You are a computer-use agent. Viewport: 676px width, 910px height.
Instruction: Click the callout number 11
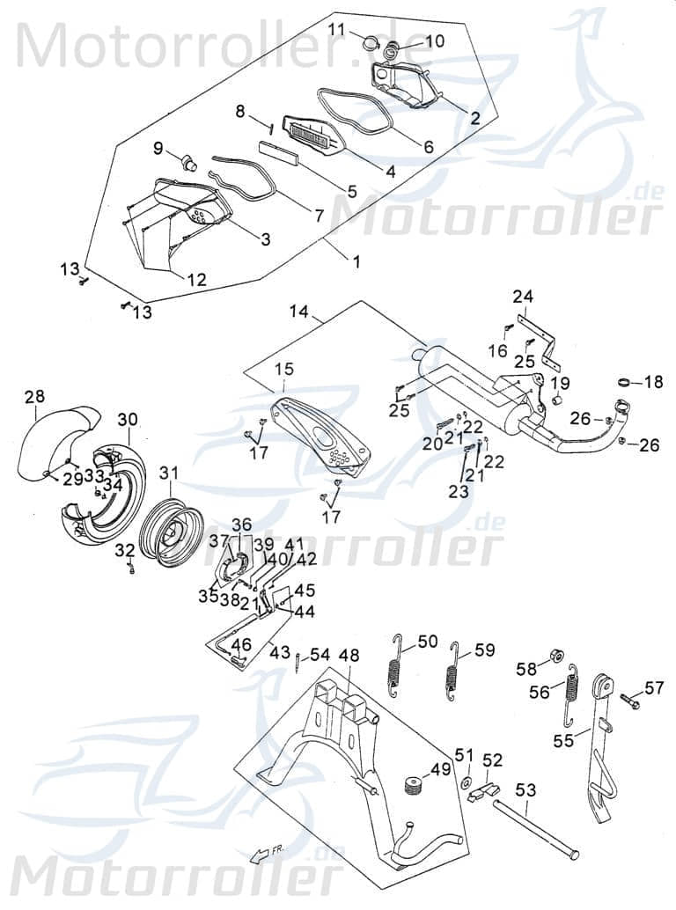click(x=337, y=30)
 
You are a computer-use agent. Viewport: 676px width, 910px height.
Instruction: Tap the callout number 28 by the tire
click(x=34, y=397)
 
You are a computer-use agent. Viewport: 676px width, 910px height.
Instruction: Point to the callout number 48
click(x=349, y=656)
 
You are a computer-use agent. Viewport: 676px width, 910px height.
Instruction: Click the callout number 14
click(x=299, y=312)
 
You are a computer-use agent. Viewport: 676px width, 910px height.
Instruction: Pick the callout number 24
click(x=524, y=296)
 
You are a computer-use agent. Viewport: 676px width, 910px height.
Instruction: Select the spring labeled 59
click(x=453, y=672)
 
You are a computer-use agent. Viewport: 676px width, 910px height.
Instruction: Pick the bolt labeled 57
click(x=629, y=702)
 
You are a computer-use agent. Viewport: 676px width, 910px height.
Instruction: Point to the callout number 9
click(x=158, y=148)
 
